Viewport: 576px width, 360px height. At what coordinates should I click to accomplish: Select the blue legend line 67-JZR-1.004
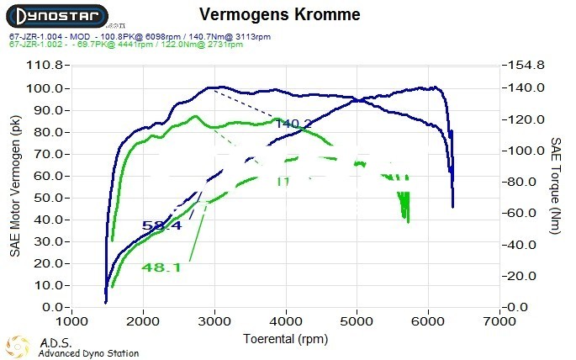point(140,38)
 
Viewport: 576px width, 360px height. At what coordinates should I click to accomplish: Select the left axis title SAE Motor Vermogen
point(15,186)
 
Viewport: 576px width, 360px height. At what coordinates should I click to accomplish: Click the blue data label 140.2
point(293,124)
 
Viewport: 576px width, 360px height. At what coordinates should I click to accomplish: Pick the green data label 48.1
point(161,267)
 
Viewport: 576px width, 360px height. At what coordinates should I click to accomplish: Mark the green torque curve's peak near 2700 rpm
point(195,116)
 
